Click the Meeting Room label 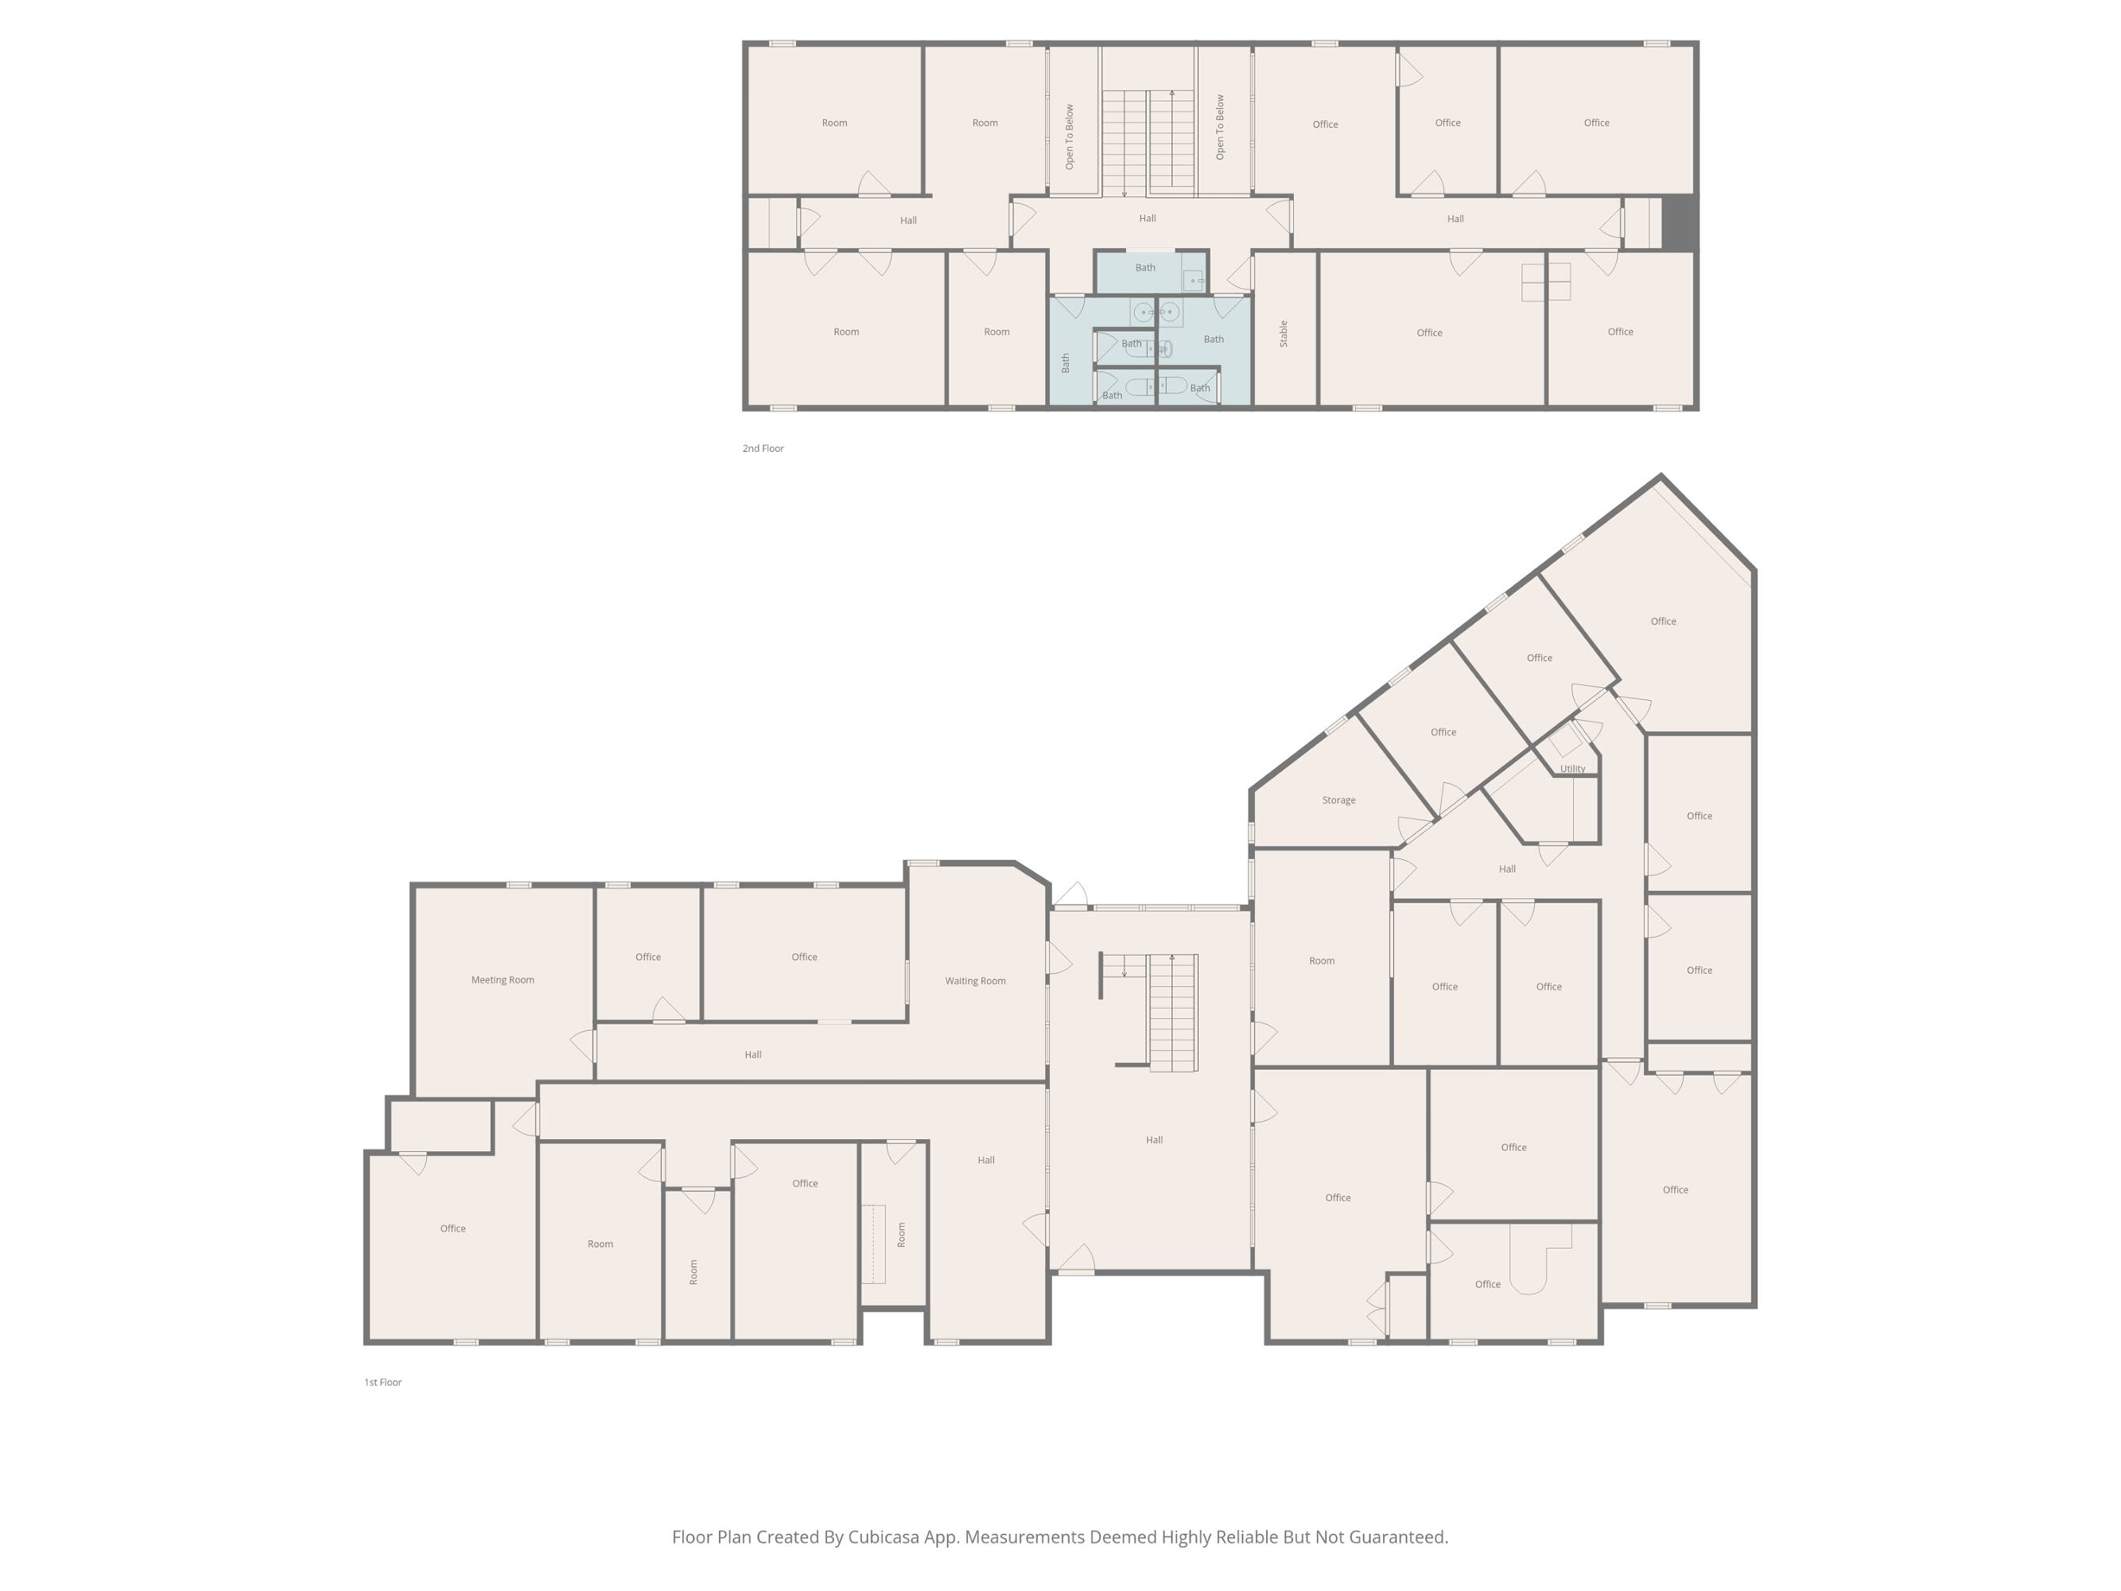tap(503, 980)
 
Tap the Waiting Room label tap(975, 981)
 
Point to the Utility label tap(1572, 769)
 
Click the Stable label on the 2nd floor tap(1284, 334)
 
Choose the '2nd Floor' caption tap(763, 449)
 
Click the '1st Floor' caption tap(383, 1383)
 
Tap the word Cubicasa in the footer tap(882, 1537)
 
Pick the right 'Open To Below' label tap(1221, 126)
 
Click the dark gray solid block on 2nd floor tap(1678, 224)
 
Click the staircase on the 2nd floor tap(1148, 143)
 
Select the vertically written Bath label tap(1066, 363)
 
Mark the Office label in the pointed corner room tap(1664, 621)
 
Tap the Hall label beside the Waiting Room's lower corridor tap(752, 1055)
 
